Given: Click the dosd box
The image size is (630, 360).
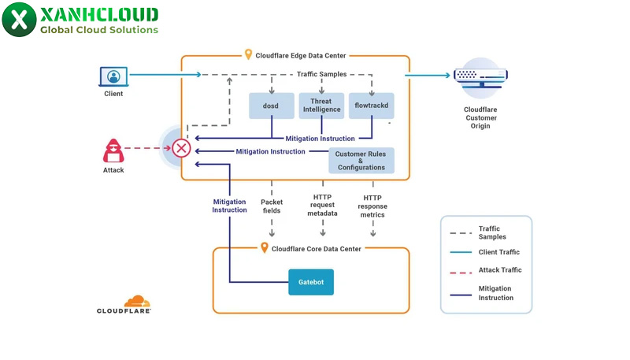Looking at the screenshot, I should pos(272,106).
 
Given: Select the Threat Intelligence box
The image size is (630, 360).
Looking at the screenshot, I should pos(321,106).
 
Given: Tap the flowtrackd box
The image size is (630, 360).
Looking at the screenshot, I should pos(371,106).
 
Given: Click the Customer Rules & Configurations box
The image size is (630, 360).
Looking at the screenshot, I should pos(361,161).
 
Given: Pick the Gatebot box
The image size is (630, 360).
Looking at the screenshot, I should pos(311,281).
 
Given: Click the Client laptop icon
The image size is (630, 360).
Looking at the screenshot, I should pos(113,77).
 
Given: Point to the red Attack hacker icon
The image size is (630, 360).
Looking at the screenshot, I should pos(113,150).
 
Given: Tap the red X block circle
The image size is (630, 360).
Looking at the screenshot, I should pos(182,148).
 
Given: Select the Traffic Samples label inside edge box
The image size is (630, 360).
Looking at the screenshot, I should pos(323,74).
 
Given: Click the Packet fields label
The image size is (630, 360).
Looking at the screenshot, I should pos(272,207).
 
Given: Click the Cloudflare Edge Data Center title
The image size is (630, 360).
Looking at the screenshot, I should pos(302,56).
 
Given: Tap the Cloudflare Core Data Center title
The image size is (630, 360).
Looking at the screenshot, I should pos(316,248).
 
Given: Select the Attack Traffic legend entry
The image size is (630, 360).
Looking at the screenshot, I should pos(499,270).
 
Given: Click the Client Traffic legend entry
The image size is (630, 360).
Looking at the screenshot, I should pos(499,252).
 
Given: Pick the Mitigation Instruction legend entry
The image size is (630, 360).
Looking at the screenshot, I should pos(495,293).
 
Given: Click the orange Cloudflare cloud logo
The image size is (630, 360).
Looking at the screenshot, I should pos(137,301).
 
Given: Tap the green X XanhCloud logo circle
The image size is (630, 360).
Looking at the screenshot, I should pos(19,20).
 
